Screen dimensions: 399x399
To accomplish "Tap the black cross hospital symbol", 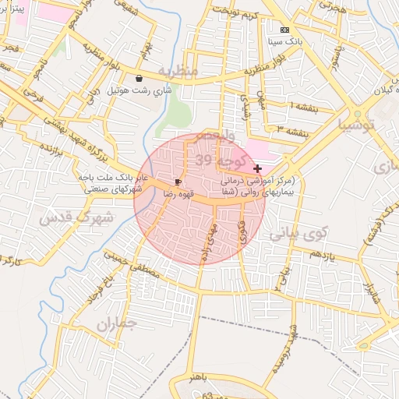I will pyautogui.click(x=257, y=168).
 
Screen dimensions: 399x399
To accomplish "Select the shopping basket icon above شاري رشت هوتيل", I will pyautogui.click(x=139, y=78).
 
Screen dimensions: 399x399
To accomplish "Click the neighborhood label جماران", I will pyautogui.click(x=117, y=323).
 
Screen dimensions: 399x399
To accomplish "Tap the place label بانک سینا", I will pyautogui.click(x=284, y=40).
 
